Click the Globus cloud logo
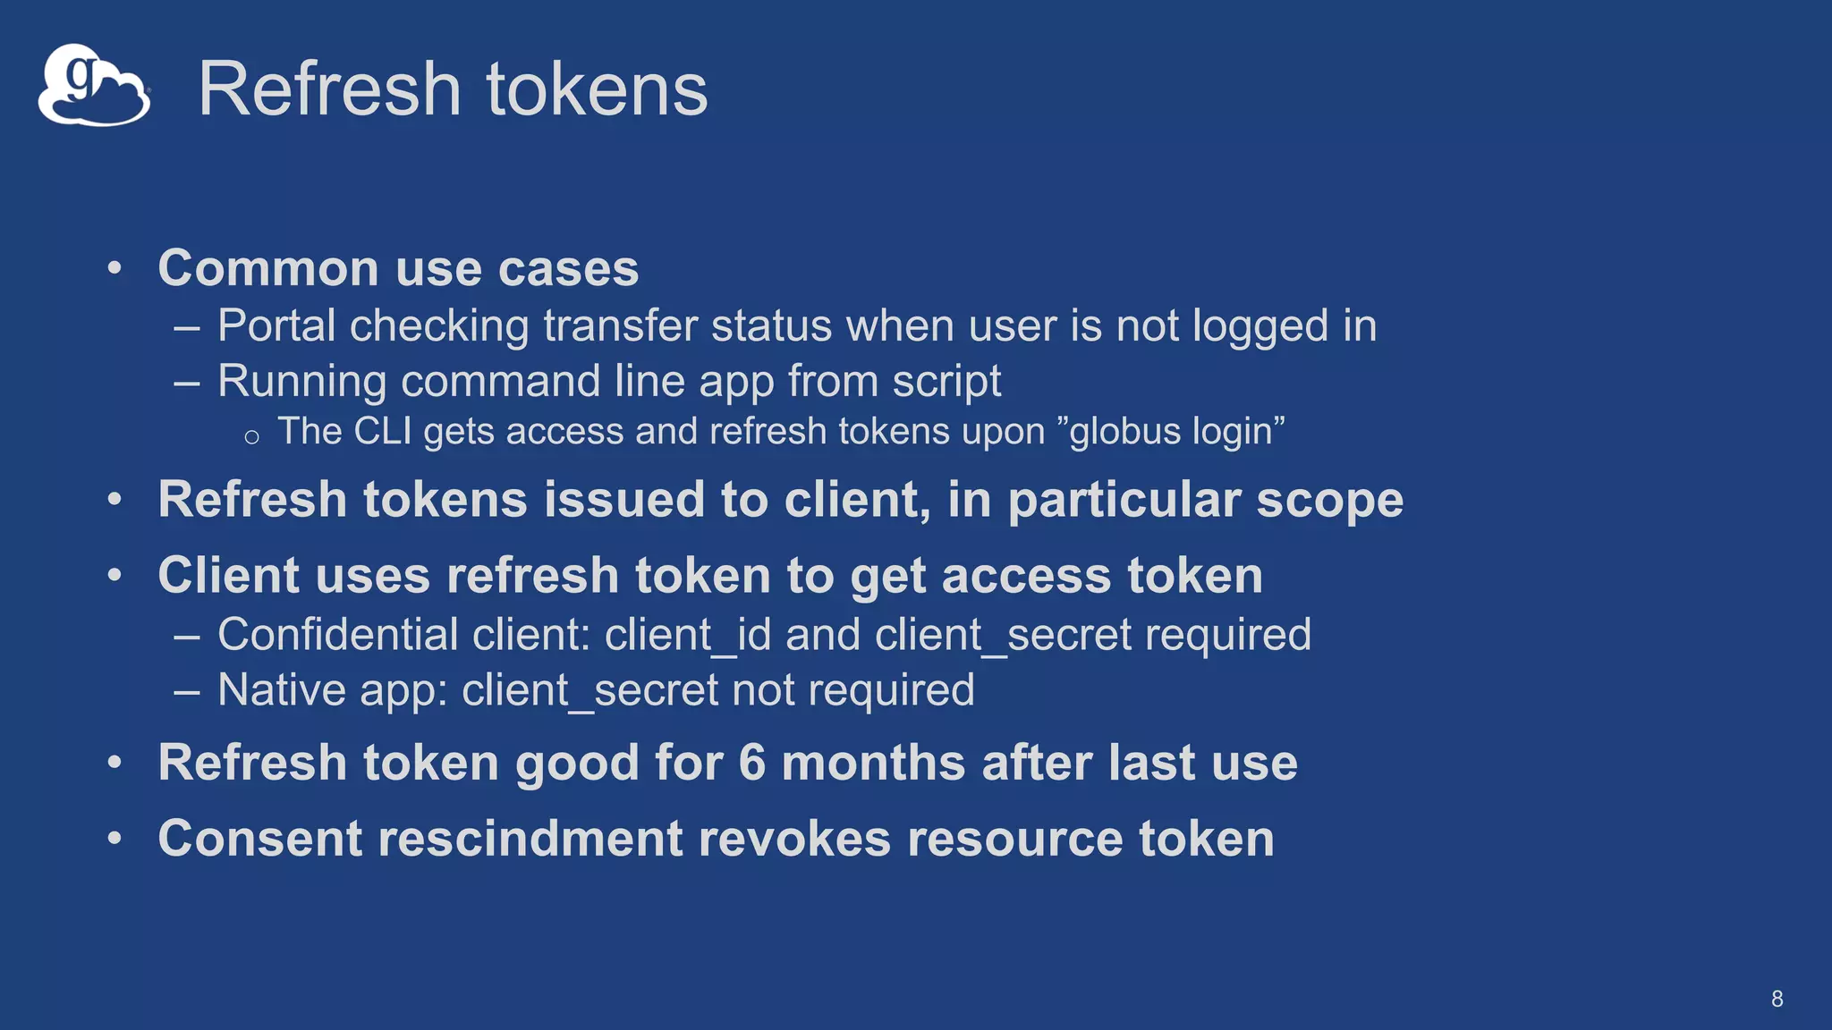(93, 85)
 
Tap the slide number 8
(1777, 999)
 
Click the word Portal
(276, 325)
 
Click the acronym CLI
(382, 432)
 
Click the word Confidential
(338, 635)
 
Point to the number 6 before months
(751, 763)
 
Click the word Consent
(259, 839)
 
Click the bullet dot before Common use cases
(114, 268)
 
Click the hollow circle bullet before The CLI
(251, 437)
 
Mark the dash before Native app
(187, 691)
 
